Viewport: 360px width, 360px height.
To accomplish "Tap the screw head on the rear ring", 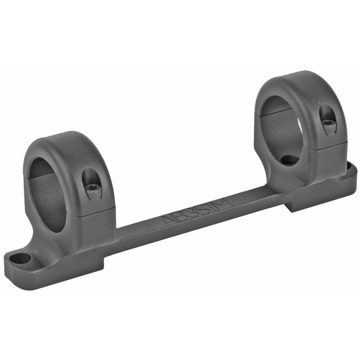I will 327,123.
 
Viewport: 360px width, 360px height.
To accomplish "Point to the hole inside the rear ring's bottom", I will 288,160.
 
